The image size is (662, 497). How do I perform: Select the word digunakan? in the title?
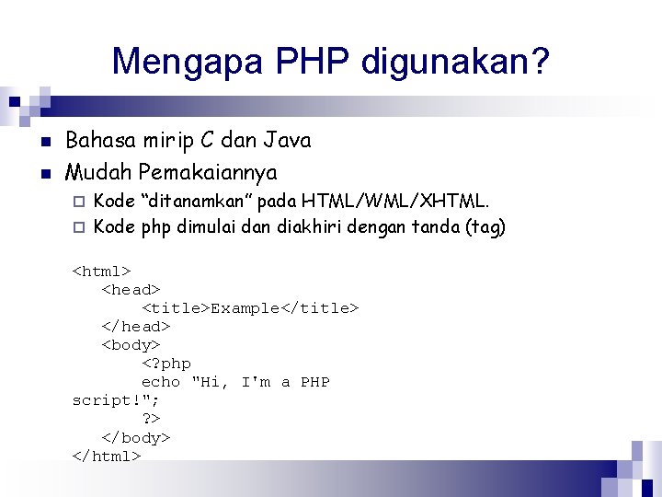(x=456, y=62)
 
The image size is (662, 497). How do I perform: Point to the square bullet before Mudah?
(x=44, y=173)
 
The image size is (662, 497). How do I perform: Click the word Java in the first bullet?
(x=287, y=141)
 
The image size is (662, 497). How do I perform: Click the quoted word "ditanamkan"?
(x=197, y=201)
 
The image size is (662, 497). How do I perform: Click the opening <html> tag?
(x=102, y=271)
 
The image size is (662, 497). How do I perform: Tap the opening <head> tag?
(x=131, y=289)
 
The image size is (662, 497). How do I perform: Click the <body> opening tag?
(x=131, y=345)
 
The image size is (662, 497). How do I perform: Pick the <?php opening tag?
(x=166, y=364)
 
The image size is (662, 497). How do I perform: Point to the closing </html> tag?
(x=107, y=456)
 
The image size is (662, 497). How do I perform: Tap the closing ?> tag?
(x=152, y=419)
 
